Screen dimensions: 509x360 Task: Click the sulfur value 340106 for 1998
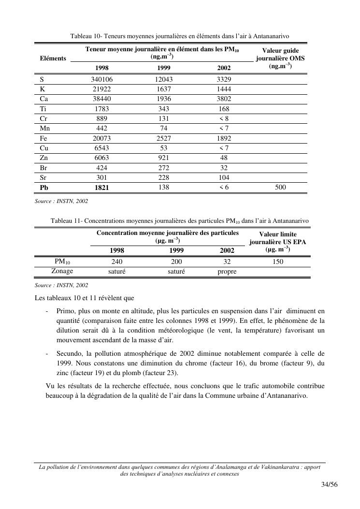(x=101, y=79)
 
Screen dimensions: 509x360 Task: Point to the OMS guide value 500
(x=280, y=187)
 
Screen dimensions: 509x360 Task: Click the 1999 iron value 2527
(x=164, y=138)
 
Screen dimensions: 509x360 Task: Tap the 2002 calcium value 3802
(x=224, y=99)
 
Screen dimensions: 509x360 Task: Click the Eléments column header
(x=53, y=58)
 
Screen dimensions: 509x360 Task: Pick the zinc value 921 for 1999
(x=164, y=158)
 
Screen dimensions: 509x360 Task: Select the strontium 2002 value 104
(x=224, y=177)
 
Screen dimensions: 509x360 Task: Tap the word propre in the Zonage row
(x=227, y=272)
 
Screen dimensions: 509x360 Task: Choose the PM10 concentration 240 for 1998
(x=116, y=262)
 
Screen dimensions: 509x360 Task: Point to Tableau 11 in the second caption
(x=67, y=221)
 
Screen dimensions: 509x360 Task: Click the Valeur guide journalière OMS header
(x=280, y=58)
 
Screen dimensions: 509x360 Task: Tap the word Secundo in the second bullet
(x=69, y=353)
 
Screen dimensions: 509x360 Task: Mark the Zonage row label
(x=62, y=271)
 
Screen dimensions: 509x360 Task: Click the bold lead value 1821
(x=101, y=188)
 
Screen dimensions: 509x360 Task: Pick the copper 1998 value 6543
(x=101, y=148)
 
